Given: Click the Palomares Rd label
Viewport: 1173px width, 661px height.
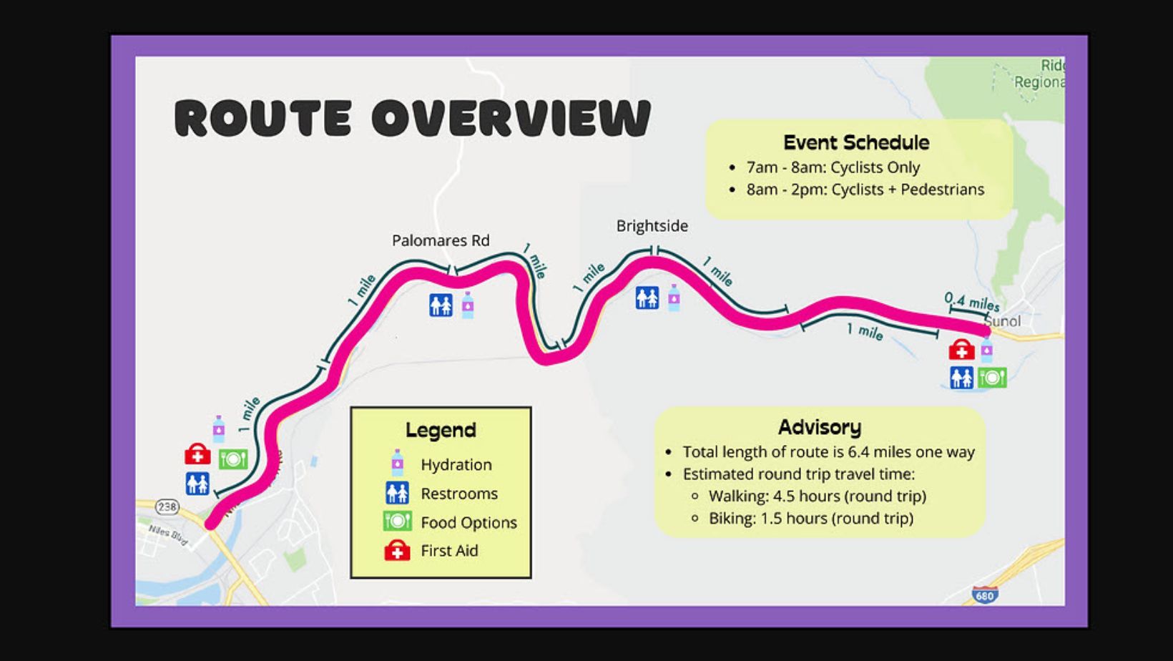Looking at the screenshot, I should tap(441, 240).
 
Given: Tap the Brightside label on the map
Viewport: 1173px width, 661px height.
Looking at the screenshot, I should tap(652, 226).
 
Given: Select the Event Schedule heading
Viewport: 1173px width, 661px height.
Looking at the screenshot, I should tap(856, 142).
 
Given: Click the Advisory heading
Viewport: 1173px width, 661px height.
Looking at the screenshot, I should tap(820, 427).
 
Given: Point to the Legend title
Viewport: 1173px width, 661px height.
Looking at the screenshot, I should tap(441, 430).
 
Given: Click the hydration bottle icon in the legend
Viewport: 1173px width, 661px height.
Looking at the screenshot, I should tap(397, 464).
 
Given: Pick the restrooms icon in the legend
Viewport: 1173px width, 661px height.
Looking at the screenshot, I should tap(397, 493).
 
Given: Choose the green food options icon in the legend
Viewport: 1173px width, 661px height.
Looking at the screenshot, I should tap(397, 522).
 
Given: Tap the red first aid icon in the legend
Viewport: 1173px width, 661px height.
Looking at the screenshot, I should tap(397, 551).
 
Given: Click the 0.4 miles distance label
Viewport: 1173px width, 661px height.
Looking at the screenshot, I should tap(971, 301).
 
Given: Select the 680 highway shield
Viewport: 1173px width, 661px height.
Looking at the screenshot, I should tap(984, 595).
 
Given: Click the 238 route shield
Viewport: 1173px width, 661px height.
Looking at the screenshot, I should tap(167, 507).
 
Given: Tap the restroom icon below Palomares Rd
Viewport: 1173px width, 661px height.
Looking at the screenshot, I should tap(441, 305).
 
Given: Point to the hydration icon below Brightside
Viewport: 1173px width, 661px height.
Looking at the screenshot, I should tap(674, 297).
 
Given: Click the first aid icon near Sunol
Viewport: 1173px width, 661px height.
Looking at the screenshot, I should tap(961, 350).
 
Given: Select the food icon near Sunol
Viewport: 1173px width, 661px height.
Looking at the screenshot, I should tap(993, 377).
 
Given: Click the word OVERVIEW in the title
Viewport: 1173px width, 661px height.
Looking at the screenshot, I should tap(511, 118).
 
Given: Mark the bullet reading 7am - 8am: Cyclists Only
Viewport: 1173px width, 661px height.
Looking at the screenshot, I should tap(833, 167).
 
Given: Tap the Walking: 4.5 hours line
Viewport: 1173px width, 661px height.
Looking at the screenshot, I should tap(817, 496).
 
